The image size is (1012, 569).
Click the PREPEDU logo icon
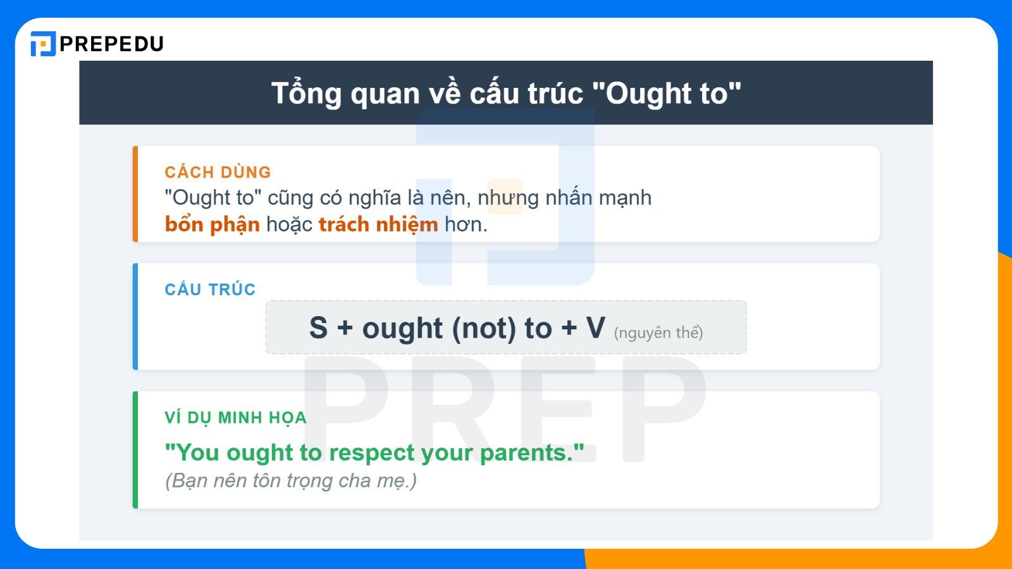(x=43, y=44)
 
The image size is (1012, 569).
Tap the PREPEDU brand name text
(x=112, y=44)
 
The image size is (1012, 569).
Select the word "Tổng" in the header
(x=307, y=94)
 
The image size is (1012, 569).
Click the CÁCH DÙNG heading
(x=218, y=172)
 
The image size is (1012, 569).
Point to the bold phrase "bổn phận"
(x=212, y=224)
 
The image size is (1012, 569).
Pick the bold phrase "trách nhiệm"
(x=378, y=224)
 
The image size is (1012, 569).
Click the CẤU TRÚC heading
(x=210, y=290)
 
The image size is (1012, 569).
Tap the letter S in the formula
(x=318, y=328)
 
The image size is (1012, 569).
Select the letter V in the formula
(x=595, y=328)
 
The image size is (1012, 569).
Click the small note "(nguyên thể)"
(x=658, y=333)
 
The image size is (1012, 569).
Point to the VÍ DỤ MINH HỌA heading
(x=235, y=418)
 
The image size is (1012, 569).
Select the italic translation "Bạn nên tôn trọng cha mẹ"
(x=291, y=480)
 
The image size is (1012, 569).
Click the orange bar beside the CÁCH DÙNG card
(x=135, y=194)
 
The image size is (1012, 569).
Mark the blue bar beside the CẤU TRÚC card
(x=135, y=316)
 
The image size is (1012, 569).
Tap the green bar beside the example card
(x=135, y=450)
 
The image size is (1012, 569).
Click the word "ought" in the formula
(x=402, y=329)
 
